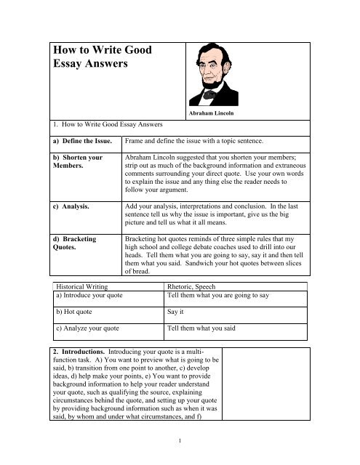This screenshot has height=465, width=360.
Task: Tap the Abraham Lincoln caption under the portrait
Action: tap(213, 113)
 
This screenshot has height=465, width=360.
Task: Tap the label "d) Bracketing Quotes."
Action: tap(75, 243)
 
